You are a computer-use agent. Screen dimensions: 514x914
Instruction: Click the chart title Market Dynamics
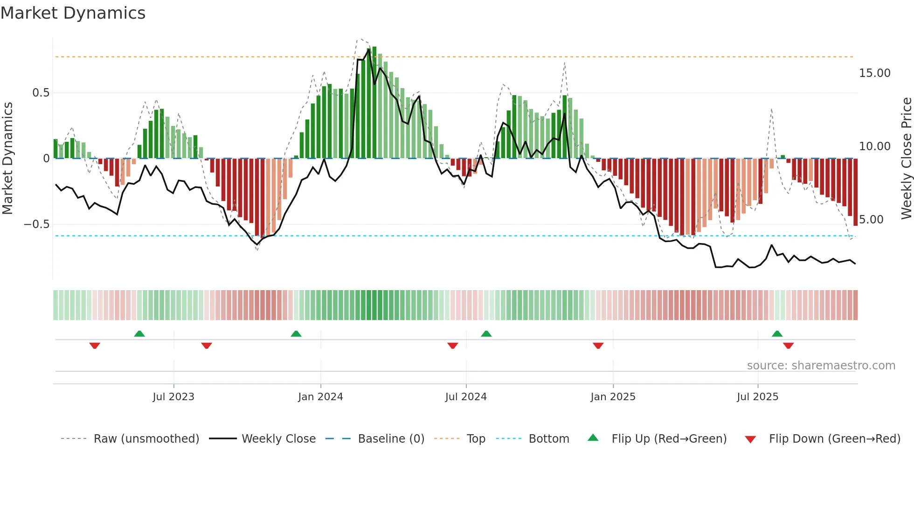tap(73, 13)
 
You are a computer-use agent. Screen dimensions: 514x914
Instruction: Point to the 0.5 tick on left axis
tap(41, 93)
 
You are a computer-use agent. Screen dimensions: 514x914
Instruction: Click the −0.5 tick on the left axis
tap(37, 224)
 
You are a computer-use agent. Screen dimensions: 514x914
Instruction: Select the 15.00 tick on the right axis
tap(875, 73)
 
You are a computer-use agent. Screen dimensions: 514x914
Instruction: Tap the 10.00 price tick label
tap(875, 146)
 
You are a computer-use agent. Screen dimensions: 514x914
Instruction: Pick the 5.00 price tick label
tap(872, 220)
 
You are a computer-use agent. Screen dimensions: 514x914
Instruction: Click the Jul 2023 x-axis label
tap(173, 397)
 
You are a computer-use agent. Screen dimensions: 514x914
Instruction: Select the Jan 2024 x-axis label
tap(321, 397)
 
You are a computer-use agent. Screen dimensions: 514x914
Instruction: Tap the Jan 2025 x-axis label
tap(613, 397)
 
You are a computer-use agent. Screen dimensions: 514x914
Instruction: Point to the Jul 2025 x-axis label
tap(758, 397)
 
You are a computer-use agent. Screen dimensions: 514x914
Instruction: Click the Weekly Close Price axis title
tap(907, 159)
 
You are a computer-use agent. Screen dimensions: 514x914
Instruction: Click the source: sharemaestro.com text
tap(821, 366)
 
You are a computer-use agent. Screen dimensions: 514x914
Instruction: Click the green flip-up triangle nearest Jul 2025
tap(777, 333)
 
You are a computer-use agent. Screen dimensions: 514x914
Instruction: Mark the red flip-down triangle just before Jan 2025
tap(598, 346)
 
